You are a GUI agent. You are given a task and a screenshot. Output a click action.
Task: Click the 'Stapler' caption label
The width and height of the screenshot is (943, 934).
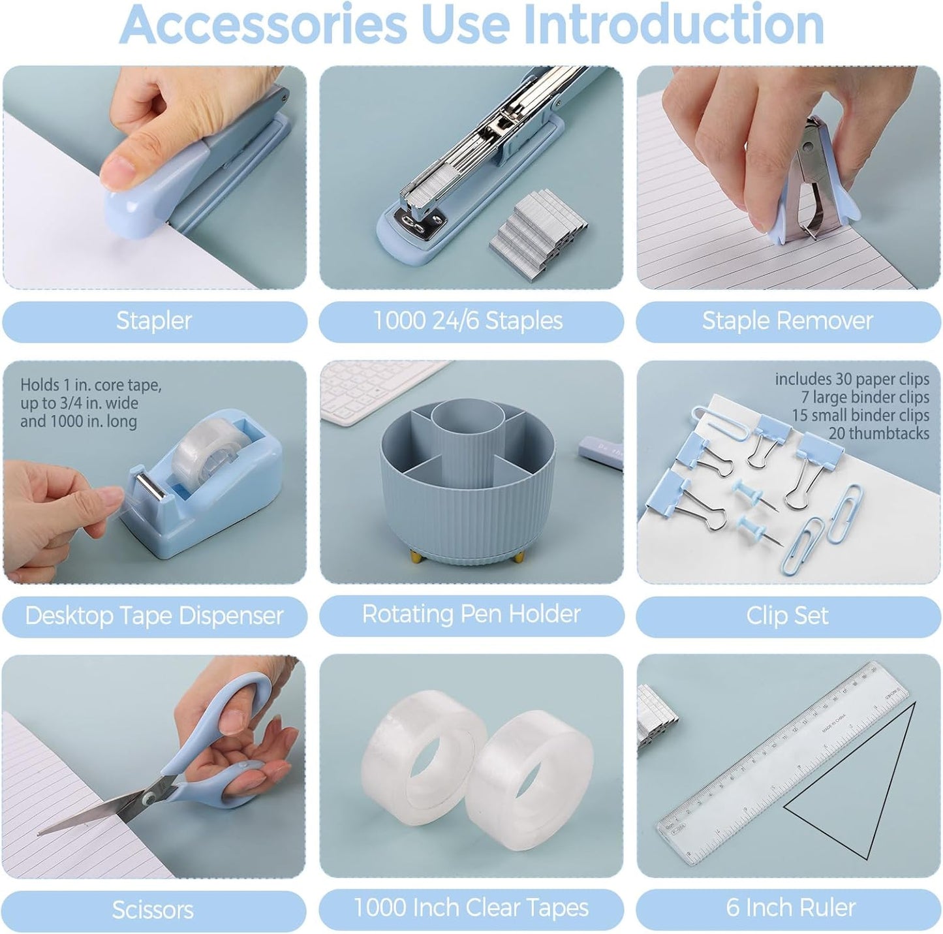[x=154, y=320]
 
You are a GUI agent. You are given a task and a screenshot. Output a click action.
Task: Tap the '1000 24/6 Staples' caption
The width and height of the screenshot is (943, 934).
[x=468, y=320]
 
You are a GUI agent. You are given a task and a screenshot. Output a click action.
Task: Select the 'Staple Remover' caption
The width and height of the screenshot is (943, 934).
[x=787, y=320]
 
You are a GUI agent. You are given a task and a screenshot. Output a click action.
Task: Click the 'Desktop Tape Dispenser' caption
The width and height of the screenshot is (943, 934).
[x=154, y=615]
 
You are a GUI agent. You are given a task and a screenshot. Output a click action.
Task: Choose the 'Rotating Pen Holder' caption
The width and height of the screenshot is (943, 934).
[x=471, y=614]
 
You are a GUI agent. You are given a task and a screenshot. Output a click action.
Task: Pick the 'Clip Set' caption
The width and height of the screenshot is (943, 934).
[x=787, y=615]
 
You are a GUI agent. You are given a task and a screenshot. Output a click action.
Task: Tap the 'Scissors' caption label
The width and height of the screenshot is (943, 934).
[x=153, y=910]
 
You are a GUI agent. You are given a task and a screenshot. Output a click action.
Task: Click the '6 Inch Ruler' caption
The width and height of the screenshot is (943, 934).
[x=790, y=907]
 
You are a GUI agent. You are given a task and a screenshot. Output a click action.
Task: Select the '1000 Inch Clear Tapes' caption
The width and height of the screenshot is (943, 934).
[x=471, y=907]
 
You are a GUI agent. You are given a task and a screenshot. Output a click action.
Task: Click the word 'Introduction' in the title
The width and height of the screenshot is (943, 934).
[x=673, y=25]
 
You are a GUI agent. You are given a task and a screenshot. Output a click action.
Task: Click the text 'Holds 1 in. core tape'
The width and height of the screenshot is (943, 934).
[x=91, y=385]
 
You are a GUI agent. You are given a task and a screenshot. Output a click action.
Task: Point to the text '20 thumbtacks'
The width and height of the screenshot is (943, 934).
[x=878, y=433]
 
